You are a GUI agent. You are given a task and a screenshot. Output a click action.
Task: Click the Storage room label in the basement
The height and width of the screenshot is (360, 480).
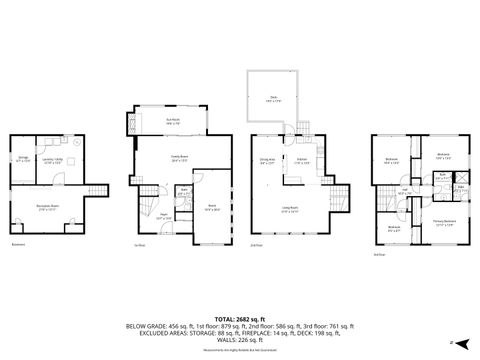click(23, 158)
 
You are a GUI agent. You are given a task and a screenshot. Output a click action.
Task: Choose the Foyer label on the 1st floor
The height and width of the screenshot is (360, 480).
click(143, 216)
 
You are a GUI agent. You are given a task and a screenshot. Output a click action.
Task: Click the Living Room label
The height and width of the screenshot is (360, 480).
click(290, 211)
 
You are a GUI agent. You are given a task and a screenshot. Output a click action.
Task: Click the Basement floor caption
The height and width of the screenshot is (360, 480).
click(17, 244)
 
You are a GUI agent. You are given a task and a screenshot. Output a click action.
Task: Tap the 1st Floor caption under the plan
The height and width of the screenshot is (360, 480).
click(139, 246)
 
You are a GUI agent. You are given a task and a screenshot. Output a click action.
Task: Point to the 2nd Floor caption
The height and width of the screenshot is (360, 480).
click(256, 246)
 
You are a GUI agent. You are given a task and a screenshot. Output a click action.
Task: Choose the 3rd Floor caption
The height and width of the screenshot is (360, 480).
click(379, 254)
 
